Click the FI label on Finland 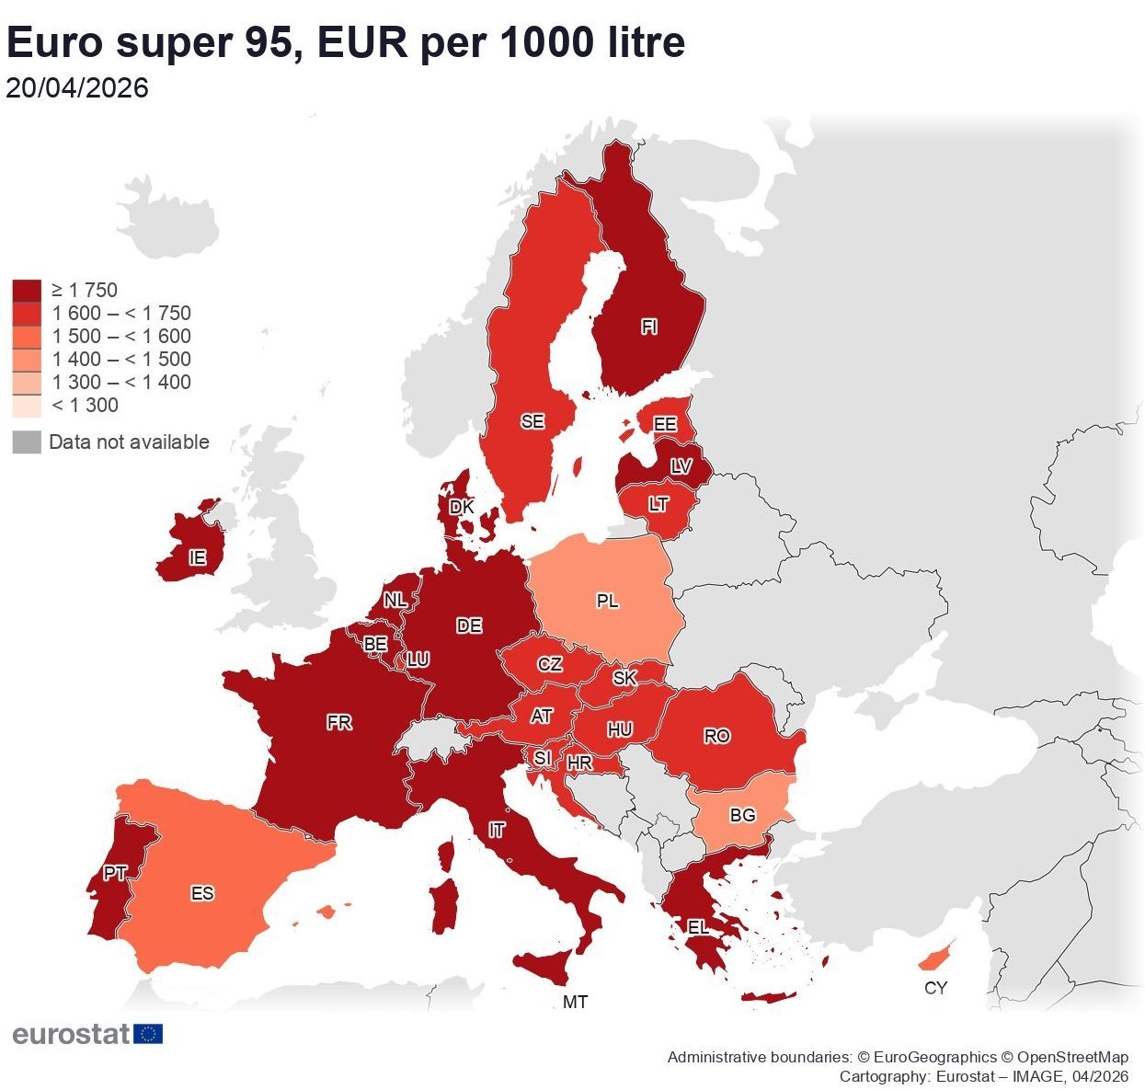coord(649,327)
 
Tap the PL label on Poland coord(607,602)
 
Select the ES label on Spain coord(202,893)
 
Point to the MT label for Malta coord(576,1003)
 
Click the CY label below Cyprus coord(935,988)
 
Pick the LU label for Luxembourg coord(418,660)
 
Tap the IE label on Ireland coord(197,558)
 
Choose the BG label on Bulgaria coord(742,815)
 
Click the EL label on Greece coord(699,927)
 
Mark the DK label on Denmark coord(462,507)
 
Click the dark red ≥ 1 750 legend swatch coord(27,291)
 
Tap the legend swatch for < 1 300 coord(27,406)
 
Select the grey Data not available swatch coord(27,442)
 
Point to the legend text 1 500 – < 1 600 coord(121,337)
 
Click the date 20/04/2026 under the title coord(77,88)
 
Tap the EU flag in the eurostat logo coord(148,1034)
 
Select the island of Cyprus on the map coord(934,958)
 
